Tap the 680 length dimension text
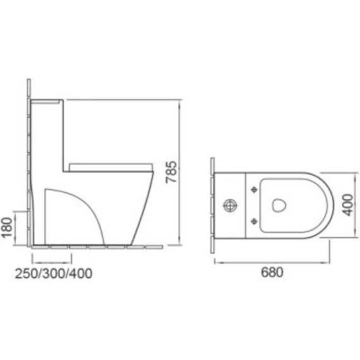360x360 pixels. point(270,273)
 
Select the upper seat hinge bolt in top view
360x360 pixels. point(254,189)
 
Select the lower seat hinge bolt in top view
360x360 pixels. point(254,220)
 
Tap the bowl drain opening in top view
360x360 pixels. point(278,205)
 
